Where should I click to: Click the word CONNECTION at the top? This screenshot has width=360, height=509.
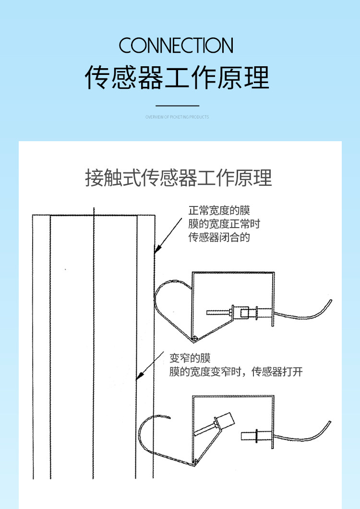[x=176, y=45]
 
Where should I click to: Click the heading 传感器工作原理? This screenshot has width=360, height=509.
[x=177, y=77]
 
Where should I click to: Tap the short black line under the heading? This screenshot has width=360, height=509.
[x=177, y=106]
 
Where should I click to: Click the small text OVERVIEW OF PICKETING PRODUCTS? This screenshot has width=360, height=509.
[x=177, y=117]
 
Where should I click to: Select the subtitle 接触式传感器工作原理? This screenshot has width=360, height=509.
[x=178, y=178]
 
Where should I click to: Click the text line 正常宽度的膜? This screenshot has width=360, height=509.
[x=219, y=210]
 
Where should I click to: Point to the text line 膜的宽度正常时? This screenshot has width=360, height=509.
[x=224, y=224]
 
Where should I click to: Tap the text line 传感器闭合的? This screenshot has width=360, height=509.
[x=219, y=237]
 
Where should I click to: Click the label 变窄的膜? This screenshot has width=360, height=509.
[x=190, y=358]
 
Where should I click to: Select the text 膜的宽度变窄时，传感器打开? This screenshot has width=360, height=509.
[x=236, y=372]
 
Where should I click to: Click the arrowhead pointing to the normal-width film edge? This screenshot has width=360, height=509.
[x=157, y=249]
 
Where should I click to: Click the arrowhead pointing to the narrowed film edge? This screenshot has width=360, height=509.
[x=139, y=376]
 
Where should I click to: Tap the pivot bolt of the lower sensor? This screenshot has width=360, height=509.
[x=195, y=461]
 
